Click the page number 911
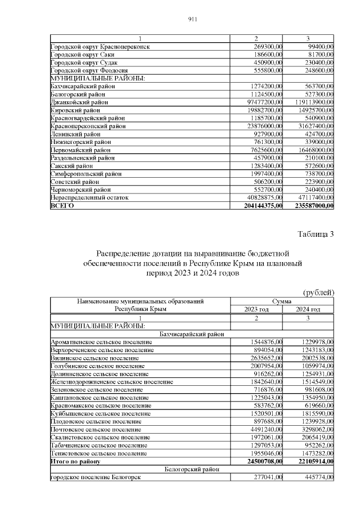point(192,19)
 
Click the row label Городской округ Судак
point(85,62)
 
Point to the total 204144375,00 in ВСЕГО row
point(259,206)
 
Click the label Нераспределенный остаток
point(89,198)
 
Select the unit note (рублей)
point(319,292)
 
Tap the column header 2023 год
point(256,309)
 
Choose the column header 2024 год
point(308,309)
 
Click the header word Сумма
point(282,301)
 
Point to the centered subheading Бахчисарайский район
point(192,334)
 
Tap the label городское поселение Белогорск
point(95,478)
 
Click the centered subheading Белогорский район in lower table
point(192,470)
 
